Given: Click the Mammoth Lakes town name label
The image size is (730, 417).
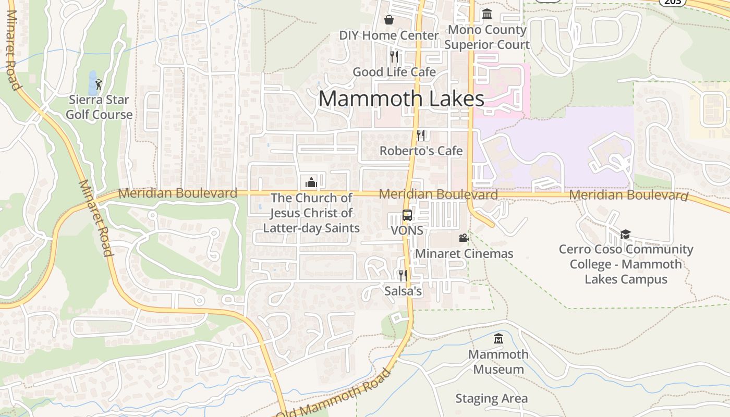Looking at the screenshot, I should pyautogui.click(x=401, y=99).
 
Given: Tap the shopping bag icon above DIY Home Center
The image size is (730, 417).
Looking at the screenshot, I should pyautogui.click(x=389, y=20).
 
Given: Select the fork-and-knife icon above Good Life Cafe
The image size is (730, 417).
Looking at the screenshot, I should pyautogui.click(x=394, y=56).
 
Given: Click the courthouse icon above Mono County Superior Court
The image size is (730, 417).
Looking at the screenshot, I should pyautogui.click(x=487, y=14).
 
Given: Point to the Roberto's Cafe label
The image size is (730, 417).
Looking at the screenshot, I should pyautogui.click(x=421, y=151).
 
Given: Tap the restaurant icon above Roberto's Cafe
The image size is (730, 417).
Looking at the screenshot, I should pyautogui.click(x=421, y=135).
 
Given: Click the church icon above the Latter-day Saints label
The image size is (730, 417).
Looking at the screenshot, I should pyautogui.click(x=311, y=182).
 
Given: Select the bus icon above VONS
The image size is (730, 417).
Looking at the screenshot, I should pyautogui.click(x=407, y=215).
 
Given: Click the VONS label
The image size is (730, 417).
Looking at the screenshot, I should pyautogui.click(x=407, y=230).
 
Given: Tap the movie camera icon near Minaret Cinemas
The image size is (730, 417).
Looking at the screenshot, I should pyautogui.click(x=464, y=238).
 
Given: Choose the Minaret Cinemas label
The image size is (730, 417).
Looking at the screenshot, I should pyautogui.click(x=464, y=254).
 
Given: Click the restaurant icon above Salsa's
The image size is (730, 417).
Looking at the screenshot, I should pyautogui.click(x=403, y=275).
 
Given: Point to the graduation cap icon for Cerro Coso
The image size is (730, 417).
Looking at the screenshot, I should pyautogui.click(x=625, y=234).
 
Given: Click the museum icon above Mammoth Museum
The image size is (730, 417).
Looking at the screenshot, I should pyautogui.click(x=498, y=339).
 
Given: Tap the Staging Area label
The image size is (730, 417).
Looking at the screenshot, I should pyautogui.click(x=491, y=399).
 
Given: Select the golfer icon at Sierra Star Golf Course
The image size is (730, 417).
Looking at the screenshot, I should pyautogui.click(x=99, y=83).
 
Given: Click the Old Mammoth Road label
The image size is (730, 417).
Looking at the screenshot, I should pyautogui.click(x=334, y=394).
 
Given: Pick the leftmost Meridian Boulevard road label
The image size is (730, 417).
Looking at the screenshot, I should pyautogui.click(x=177, y=193).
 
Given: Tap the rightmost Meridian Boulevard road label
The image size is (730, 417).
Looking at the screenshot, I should pyautogui.click(x=629, y=195).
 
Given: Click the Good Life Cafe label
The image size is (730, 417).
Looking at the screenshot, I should pyautogui.click(x=394, y=72).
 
